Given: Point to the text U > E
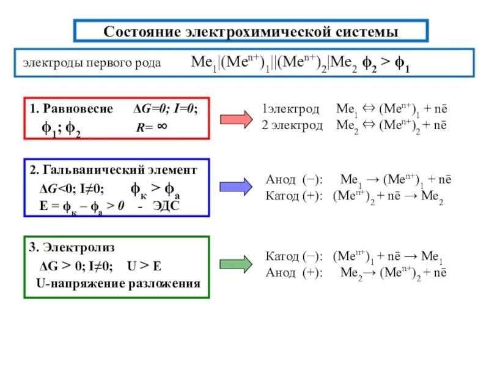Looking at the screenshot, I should pos(144,267).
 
